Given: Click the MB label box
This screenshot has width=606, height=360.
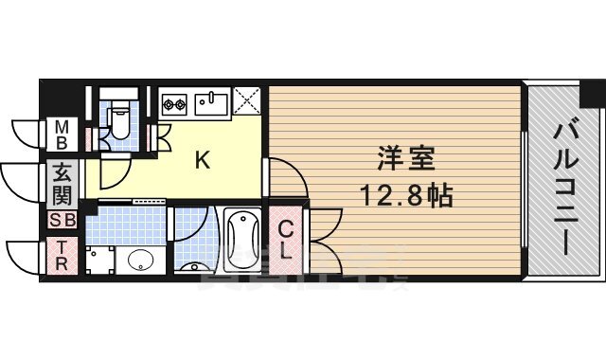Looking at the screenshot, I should pyautogui.click(x=62, y=135).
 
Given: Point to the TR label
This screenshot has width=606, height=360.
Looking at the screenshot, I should pyautogui.click(x=62, y=256).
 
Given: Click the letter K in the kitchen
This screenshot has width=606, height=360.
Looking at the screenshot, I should pyautogui.click(x=202, y=161).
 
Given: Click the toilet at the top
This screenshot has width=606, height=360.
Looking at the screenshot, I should pyautogui.click(x=118, y=117).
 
